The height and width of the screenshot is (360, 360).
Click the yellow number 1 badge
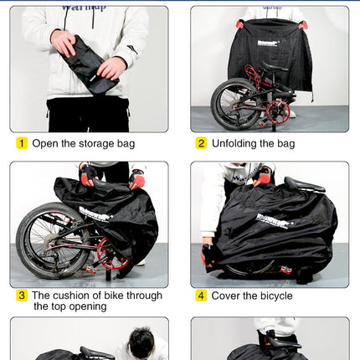pos(23,143)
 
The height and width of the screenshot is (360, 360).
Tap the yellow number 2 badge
pos(201,143)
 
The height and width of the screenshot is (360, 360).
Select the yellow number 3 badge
pos(23,296)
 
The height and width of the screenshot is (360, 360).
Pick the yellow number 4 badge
pos(201,296)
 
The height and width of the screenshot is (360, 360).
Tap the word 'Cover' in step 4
pos(226,296)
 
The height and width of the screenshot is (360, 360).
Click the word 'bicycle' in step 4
pos(273,296)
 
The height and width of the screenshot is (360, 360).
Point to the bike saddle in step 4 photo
pos(304,184)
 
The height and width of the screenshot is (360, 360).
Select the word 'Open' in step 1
pos(46,143)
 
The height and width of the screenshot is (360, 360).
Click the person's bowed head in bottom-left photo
pos(141,343)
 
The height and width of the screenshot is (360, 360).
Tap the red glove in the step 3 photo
pos(136,178)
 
